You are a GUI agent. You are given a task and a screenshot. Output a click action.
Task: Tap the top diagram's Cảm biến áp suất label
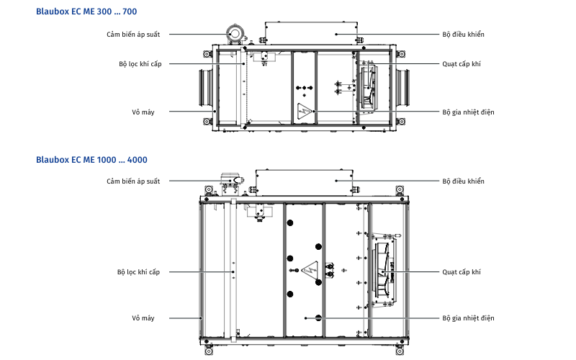click(x=133, y=34)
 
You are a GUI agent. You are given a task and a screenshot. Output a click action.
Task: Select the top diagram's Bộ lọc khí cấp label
click(x=140, y=64)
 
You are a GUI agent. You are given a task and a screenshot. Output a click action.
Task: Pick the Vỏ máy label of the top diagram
click(x=143, y=112)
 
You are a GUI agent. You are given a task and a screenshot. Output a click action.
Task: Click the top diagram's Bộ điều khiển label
click(x=463, y=34)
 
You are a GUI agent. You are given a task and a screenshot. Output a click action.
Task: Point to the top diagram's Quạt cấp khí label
click(x=461, y=64)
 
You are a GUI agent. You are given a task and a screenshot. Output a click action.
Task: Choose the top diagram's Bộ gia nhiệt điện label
click(x=468, y=112)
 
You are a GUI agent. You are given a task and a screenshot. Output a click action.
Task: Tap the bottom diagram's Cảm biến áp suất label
click(x=133, y=181)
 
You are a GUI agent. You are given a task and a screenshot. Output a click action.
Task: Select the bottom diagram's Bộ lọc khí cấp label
click(x=138, y=271)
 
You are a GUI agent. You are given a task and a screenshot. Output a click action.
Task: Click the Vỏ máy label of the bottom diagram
click(x=143, y=318)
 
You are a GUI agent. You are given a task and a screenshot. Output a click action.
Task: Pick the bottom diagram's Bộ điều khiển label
click(x=463, y=181)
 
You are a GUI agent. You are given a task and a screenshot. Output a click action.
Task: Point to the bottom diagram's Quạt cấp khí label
click(x=461, y=271)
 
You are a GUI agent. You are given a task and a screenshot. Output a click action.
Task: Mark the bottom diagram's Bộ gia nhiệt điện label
click(x=468, y=318)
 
